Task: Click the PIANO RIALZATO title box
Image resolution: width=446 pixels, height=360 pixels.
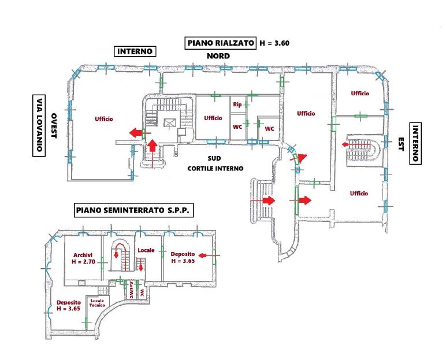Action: coord(220,43)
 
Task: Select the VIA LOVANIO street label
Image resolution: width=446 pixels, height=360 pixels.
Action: coord(38,125)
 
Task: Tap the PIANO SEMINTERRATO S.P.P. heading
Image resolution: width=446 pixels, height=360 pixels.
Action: coord(133,210)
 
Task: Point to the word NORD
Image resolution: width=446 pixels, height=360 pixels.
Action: coord(218,56)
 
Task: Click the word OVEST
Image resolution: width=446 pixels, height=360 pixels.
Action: coord(54,125)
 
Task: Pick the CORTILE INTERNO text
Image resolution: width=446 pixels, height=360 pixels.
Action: coord(215,169)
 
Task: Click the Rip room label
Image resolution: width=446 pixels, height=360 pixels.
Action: coord(237,105)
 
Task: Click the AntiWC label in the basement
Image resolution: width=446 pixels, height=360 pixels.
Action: coord(132,290)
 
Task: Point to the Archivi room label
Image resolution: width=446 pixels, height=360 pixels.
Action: coord(83,254)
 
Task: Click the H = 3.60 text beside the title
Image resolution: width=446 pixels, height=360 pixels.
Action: coord(275,43)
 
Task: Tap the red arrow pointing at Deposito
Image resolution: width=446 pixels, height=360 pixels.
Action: coord(211,254)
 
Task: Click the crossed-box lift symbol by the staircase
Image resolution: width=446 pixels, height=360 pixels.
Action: coord(169,123)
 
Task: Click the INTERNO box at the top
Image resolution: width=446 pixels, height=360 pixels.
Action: coord(135,51)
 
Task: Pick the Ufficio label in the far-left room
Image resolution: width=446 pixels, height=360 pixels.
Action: coord(104,119)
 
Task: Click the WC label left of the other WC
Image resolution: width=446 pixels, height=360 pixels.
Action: coord(237,126)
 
